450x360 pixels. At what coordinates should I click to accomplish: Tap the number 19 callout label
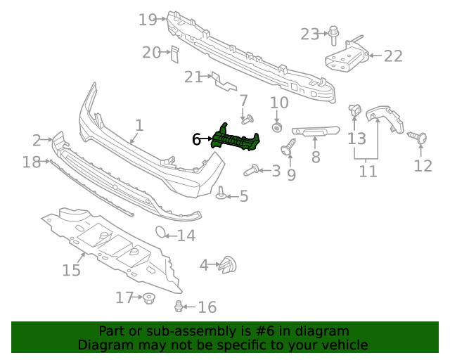148,20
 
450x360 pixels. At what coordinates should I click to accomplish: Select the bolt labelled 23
334,32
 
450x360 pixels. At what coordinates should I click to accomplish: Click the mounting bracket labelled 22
346,56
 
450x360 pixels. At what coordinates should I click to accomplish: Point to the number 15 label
71,270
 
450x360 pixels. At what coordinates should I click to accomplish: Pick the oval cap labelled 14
161,233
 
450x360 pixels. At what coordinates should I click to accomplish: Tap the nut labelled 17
148,300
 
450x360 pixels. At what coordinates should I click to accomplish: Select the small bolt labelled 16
180,306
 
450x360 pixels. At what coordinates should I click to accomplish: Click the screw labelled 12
420,138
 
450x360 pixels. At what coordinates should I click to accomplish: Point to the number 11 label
368,171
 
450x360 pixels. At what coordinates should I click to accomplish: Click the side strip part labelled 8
316,131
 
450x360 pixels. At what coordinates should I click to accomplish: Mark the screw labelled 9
288,148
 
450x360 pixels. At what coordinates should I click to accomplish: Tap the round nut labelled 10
278,128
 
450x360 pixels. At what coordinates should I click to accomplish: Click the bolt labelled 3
250,169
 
